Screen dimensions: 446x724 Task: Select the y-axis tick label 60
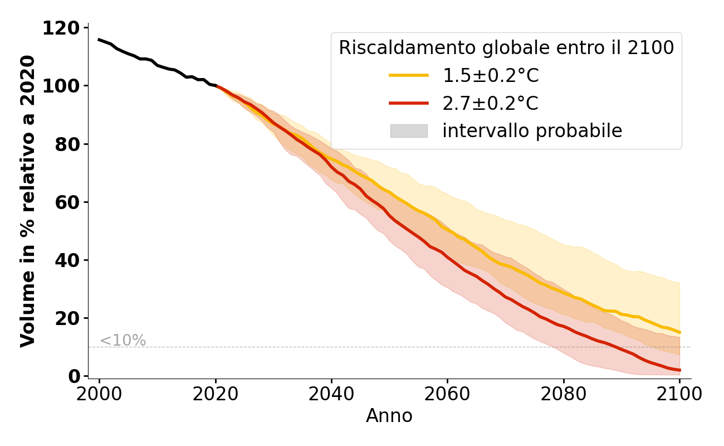tap(67, 202)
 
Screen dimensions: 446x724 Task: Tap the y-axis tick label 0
tap(74, 376)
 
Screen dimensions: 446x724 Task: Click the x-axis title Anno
tap(389, 416)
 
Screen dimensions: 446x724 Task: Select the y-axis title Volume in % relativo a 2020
tap(28, 201)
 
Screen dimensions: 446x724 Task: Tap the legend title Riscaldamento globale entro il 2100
tap(506, 48)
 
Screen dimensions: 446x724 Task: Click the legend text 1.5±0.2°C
tap(490, 76)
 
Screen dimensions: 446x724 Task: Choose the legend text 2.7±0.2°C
tap(490, 103)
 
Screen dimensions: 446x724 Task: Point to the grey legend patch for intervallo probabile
tap(409, 131)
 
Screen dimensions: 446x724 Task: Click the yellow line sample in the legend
tap(409, 75)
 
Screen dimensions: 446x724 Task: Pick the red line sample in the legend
tap(409, 103)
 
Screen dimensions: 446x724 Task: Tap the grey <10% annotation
tap(123, 341)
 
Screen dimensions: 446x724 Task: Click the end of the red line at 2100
tap(679, 370)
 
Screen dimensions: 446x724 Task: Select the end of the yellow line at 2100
tap(679, 332)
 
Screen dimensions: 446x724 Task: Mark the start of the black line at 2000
tap(99, 40)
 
